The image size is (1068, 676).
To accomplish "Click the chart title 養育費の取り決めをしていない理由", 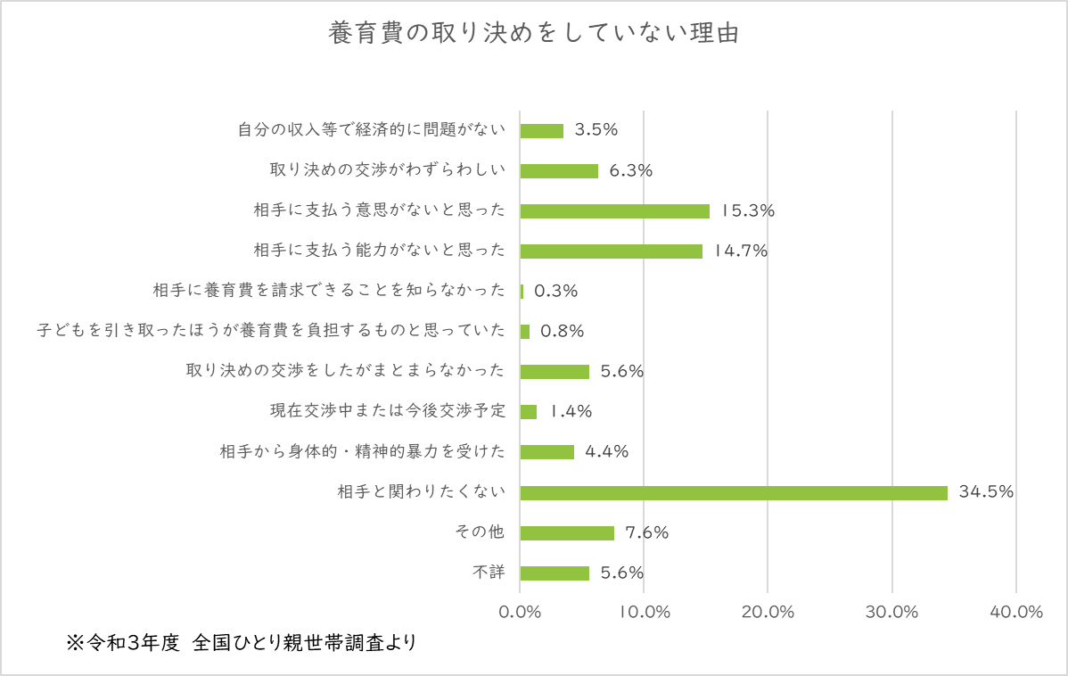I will pyautogui.click(x=534, y=34).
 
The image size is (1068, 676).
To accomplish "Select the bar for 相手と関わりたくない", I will pyautogui.click(x=734, y=492).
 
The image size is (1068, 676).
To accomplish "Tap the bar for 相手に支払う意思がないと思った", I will pyautogui.click(x=614, y=211).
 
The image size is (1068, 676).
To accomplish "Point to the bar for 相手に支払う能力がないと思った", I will pyautogui.click(x=611, y=251).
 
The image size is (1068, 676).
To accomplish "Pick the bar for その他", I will pyautogui.click(x=567, y=532).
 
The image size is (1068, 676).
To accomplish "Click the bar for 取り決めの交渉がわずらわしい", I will pyautogui.click(x=559, y=171).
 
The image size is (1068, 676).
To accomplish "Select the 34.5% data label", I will pyautogui.click(x=986, y=491).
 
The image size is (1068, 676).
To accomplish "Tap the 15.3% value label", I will pyautogui.click(x=747, y=211).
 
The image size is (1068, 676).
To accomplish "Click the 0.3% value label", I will pyautogui.click(x=555, y=291).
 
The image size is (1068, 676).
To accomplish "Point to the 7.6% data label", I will pyautogui.click(x=646, y=532).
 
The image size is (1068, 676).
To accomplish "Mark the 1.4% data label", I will pyautogui.click(x=571, y=411).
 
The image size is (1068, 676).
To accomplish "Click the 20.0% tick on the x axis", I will pyautogui.click(x=768, y=612).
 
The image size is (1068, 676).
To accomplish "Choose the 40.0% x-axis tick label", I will pyautogui.click(x=1016, y=612).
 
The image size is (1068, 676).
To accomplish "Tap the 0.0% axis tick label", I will pyautogui.click(x=521, y=612).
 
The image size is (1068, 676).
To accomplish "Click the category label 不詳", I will pyautogui.click(x=489, y=573).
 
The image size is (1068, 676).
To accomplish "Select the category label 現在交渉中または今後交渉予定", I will pyautogui.click(x=388, y=411).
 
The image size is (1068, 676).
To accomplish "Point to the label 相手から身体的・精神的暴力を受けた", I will pyautogui.click(x=363, y=451).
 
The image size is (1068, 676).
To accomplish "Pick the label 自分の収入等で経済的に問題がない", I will pyautogui.click(x=372, y=130).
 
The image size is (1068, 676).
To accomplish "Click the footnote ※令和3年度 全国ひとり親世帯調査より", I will pyautogui.click(x=241, y=642).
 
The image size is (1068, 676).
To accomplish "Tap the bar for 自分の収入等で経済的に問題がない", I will pyautogui.click(x=542, y=130).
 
